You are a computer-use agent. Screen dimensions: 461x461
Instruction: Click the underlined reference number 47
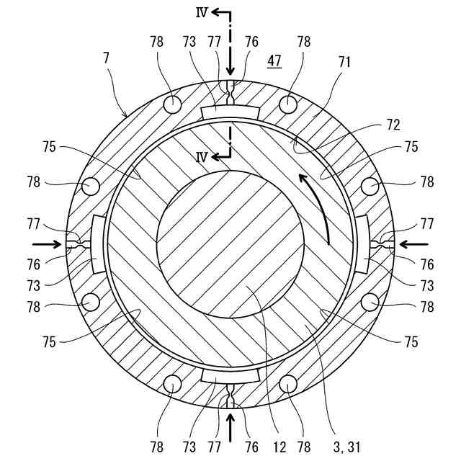click(274, 61)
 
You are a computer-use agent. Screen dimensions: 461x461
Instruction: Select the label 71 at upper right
click(344, 62)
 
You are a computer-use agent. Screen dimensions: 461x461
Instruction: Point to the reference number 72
click(392, 123)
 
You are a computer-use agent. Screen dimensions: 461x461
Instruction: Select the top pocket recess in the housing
click(230, 113)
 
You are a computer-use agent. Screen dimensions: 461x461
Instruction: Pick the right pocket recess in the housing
click(362, 244)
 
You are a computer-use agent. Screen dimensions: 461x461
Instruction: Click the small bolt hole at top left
click(173, 104)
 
